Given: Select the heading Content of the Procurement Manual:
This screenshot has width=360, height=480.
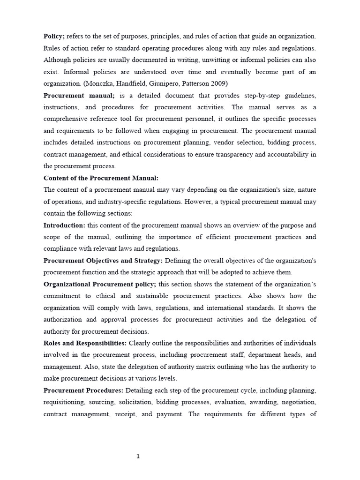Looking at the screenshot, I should pos(101,178).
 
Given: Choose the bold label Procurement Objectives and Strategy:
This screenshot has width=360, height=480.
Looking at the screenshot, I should pos(103,260).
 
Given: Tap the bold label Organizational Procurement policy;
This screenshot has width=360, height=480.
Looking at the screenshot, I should pos(100,284).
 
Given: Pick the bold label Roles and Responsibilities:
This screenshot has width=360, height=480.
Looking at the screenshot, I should pos(85,343).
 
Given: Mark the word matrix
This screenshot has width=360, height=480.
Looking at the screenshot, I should pos(199,367).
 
